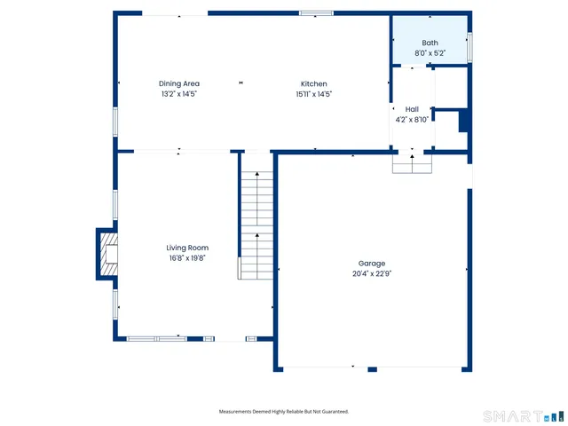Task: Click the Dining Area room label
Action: (179, 83)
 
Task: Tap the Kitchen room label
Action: (313, 83)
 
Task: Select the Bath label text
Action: (430, 43)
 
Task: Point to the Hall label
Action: (412, 109)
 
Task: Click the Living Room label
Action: (186, 248)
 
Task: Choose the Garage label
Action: (372, 264)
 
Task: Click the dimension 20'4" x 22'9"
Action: (372, 274)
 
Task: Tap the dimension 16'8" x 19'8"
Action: (186, 258)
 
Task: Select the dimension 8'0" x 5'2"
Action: (430, 53)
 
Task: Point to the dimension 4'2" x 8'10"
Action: (412, 120)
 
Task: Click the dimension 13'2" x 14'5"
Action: (179, 94)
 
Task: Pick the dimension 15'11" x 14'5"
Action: (313, 94)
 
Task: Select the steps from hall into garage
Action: (412, 164)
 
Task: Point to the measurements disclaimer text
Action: (284, 412)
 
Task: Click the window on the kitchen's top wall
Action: (316, 13)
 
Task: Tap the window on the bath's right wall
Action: (469, 45)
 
